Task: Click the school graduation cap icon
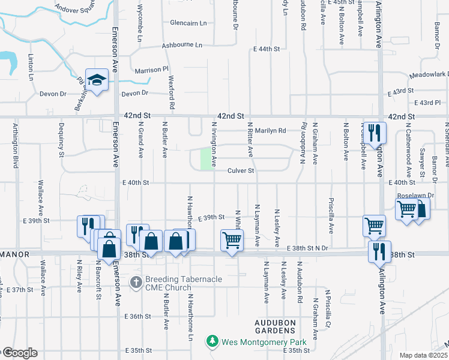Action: [97, 79]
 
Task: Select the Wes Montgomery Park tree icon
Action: [212, 341]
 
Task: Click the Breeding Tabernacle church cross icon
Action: [137, 281]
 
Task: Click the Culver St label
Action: [241, 171]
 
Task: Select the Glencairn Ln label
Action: [188, 23]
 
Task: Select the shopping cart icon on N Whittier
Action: [232, 239]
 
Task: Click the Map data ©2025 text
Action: [423, 355]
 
